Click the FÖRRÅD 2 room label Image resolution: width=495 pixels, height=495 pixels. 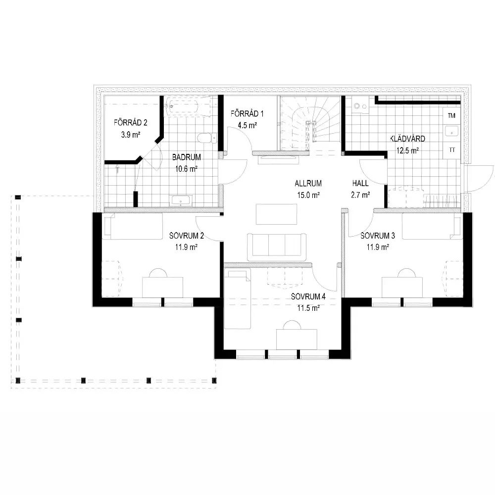click(x=130, y=122)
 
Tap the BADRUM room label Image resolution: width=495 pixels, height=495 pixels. click(x=186, y=157)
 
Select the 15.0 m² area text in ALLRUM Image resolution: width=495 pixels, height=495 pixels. click(x=308, y=195)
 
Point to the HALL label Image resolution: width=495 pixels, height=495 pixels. click(x=360, y=183)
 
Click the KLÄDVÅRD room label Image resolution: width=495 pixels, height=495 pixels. click(x=407, y=139)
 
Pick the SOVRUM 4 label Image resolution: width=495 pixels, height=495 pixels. click(x=308, y=297)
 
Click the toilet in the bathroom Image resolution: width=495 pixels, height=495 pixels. click(x=207, y=138)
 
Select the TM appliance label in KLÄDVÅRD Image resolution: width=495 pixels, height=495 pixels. click(x=451, y=115)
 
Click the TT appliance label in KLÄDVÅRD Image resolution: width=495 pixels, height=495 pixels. click(x=452, y=150)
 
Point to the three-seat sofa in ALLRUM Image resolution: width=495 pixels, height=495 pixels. click(x=277, y=247)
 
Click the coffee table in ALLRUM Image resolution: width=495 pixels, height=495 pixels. click(x=277, y=214)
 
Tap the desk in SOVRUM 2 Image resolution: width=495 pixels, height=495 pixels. click(x=162, y=287)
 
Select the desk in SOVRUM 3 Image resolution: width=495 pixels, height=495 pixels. click(x=402, y=287)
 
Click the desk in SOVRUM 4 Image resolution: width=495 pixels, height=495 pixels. click(x=297, y=340)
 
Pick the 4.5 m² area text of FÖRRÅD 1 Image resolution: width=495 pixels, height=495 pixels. click(x=247, y=125)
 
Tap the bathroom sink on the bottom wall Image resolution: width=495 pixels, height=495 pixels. click(x=181, y=201)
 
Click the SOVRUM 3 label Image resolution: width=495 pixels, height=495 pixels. click(x=378, y=236)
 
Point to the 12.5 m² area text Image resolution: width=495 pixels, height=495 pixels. click(x=407, y=150)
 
